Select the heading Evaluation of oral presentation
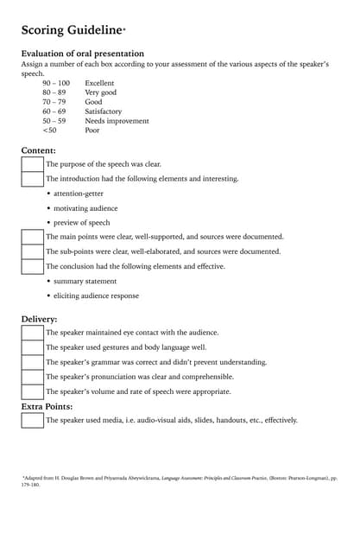[x=82, y=54]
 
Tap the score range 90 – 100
[x=56, y=83]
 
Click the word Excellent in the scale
[x=99, y=83]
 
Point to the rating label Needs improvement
[x=117, y=121]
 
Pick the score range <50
[x=50, y=130]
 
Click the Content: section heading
[x=38, y=150]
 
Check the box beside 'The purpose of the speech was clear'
[x=32, y=164]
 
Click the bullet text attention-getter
[x=79, y=194]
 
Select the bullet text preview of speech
[x=82, y=223]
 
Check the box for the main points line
[x=32, y=237]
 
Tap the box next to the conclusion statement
[x=32, y=266]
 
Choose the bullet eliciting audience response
[x=96, y=296]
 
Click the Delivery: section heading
[x=40, y=319]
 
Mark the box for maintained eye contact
[x=32, y=333]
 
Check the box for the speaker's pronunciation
[x=32, y=377]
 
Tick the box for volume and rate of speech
[x=32, y=391]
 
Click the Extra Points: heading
[x=47, y=406]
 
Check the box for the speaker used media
[x=32, y=421]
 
